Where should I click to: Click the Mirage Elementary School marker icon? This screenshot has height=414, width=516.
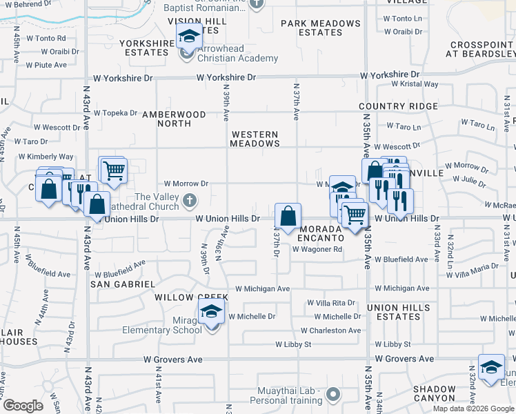tap(212, 313)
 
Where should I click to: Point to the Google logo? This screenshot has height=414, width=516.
tap(23, 406)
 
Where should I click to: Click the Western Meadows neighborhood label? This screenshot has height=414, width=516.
tap(255, 139)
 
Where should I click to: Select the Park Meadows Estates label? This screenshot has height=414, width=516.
tap(321, 28)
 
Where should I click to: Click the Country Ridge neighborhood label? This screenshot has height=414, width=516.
tap(398, 106)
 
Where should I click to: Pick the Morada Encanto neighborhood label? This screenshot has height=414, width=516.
tap(319, 233)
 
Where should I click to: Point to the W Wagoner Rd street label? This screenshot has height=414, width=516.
tap(317, 250)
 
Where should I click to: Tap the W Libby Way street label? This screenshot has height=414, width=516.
tap(295, 344)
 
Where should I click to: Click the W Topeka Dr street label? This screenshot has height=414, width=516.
tap(116, 112)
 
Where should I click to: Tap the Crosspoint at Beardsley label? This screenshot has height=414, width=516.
tap(482, 49)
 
